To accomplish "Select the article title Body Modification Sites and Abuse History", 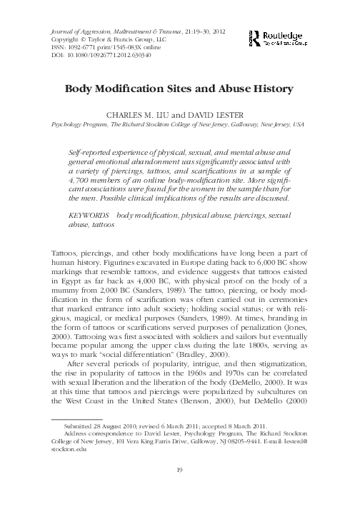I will click(179, 90).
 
